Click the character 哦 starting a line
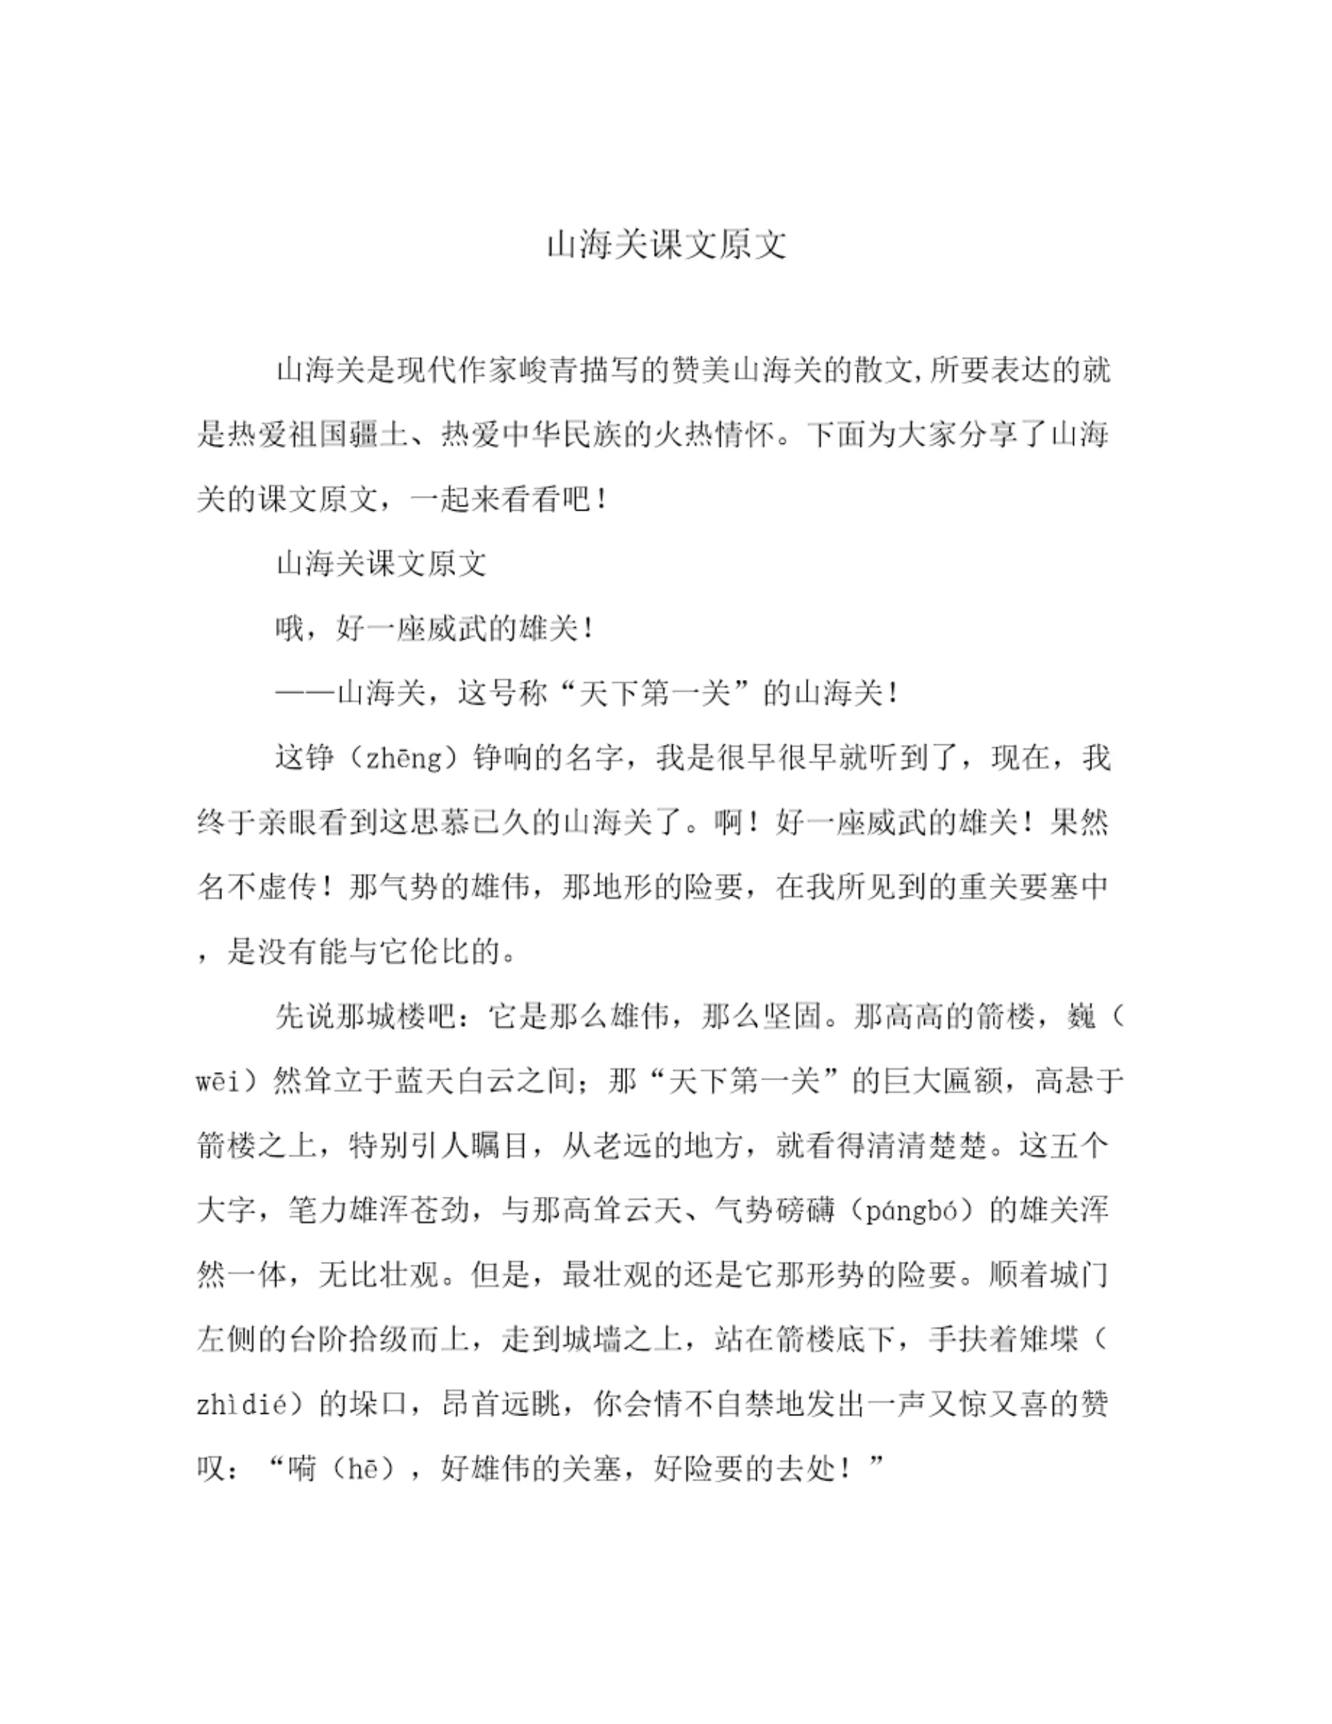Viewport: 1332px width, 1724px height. click(290, 629)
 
